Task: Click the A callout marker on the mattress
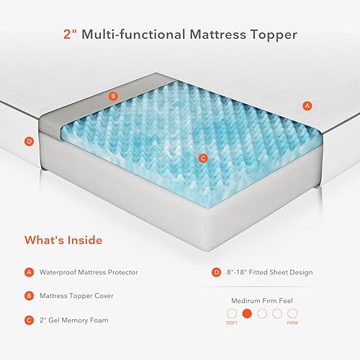[x=307, y=105]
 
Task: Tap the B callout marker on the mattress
[x=112, y=95]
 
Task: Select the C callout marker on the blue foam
[x=203, y=158]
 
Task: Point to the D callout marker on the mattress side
[x=30, y=141]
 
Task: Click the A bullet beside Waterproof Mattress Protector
[x=30, y=272]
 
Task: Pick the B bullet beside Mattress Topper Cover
[x=30, y=294]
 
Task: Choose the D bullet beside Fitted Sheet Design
[x=216, y=272]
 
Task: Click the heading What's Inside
[x=63, y=240]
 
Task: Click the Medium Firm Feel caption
[x=261, y=300]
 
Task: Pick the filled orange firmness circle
[x=246, y=314]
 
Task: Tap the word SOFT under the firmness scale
[x=231, y=325]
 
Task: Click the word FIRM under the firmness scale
[x=292, y=325]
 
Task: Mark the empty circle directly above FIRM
[x=292, y=314]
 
